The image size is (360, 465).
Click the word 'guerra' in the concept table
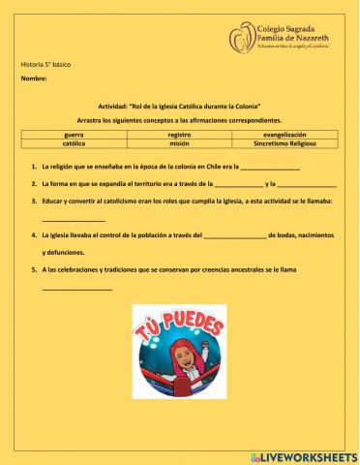(x=74, y=134)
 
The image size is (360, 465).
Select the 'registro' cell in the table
(x=179, y=134)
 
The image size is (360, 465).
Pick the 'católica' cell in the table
(x=74, y=143)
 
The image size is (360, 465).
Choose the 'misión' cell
(x=179, y=143)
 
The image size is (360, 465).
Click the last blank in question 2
(x=309, y=185)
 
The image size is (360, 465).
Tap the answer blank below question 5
(x=77, y=289)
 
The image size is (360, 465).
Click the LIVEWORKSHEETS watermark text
(x=309, y=454)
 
